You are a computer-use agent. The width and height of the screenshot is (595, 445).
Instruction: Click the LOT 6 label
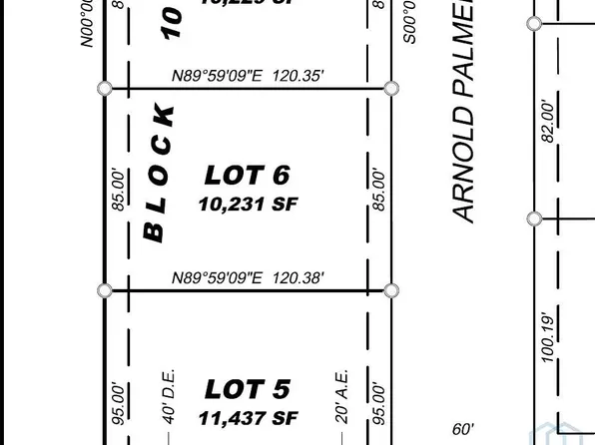pos(247,176)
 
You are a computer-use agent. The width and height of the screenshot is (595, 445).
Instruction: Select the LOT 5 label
pos(247,388)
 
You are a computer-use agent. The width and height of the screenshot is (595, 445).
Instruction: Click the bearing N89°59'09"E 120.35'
pos(247,74)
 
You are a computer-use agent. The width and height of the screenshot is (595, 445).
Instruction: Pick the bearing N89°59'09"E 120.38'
pos(247,278)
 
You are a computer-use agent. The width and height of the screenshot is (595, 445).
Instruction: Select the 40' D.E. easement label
pos(168,397)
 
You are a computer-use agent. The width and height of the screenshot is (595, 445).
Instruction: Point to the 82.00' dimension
pos(546,121)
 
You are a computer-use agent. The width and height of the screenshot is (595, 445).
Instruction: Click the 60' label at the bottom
pos(462,429)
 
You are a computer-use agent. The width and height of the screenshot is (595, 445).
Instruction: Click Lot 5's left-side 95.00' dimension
pos(118,402)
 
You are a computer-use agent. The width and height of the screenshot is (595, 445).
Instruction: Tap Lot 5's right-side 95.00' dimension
pos(377,402)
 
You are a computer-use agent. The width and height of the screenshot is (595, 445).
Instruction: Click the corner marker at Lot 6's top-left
pos(104,89)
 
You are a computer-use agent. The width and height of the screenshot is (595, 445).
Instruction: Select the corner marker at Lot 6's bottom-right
pos(391,290)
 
